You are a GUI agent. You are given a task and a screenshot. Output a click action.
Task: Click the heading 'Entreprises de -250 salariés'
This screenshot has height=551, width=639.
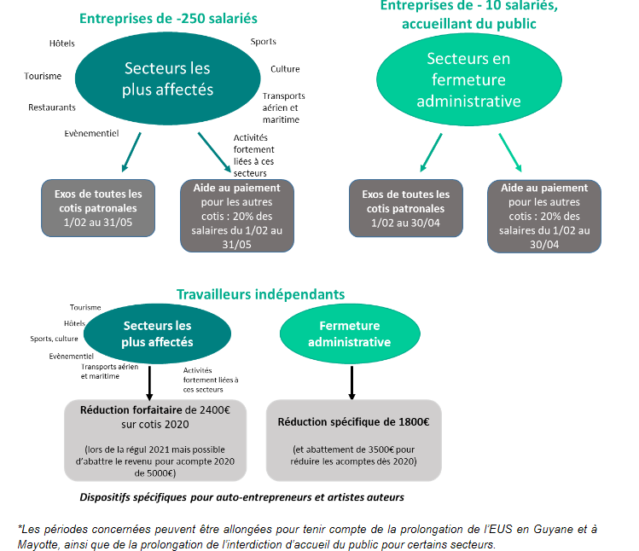[167, 18]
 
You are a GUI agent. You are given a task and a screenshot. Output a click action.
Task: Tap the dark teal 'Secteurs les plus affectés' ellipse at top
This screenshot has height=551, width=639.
[167, 78]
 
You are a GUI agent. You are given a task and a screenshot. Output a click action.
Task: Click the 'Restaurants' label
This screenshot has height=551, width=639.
[52, 107]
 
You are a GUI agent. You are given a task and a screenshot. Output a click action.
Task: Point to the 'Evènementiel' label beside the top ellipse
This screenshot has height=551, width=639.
[91, 133]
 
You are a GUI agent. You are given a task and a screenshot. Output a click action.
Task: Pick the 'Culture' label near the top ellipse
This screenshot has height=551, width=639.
[285, 69]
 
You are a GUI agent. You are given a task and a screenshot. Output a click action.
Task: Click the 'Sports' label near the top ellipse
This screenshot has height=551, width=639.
[263, 42]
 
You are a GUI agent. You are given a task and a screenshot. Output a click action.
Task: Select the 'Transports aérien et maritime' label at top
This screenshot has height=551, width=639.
[283, 107]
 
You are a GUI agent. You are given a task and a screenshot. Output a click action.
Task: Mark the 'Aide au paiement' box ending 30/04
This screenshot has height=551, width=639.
[544, 216]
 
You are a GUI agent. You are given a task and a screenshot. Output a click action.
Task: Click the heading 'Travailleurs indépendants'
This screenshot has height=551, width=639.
[261, 294]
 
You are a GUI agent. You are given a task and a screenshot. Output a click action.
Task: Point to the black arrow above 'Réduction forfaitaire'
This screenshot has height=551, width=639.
[149, 380]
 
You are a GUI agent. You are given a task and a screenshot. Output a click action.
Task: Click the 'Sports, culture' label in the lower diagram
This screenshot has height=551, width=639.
[54, 339]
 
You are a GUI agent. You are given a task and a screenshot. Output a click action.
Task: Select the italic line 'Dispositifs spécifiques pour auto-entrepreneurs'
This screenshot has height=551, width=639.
[241, 496]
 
